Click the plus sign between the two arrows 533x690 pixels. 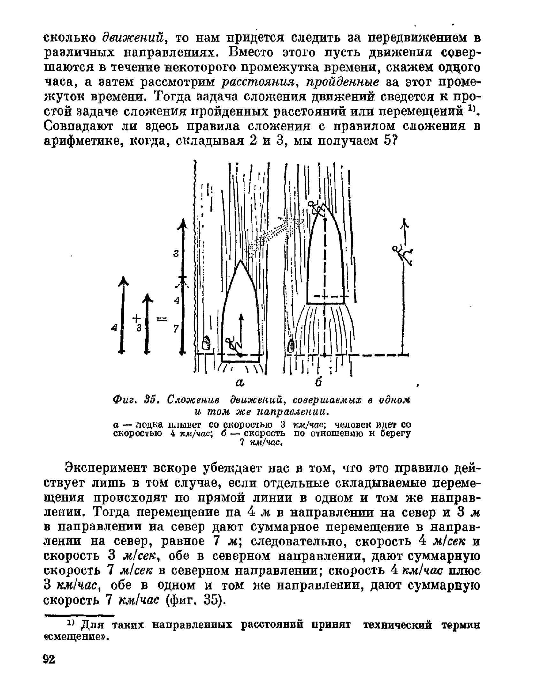point(136,318)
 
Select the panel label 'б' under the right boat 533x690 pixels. point(318,382)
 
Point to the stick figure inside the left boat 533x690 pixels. point(233,345)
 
